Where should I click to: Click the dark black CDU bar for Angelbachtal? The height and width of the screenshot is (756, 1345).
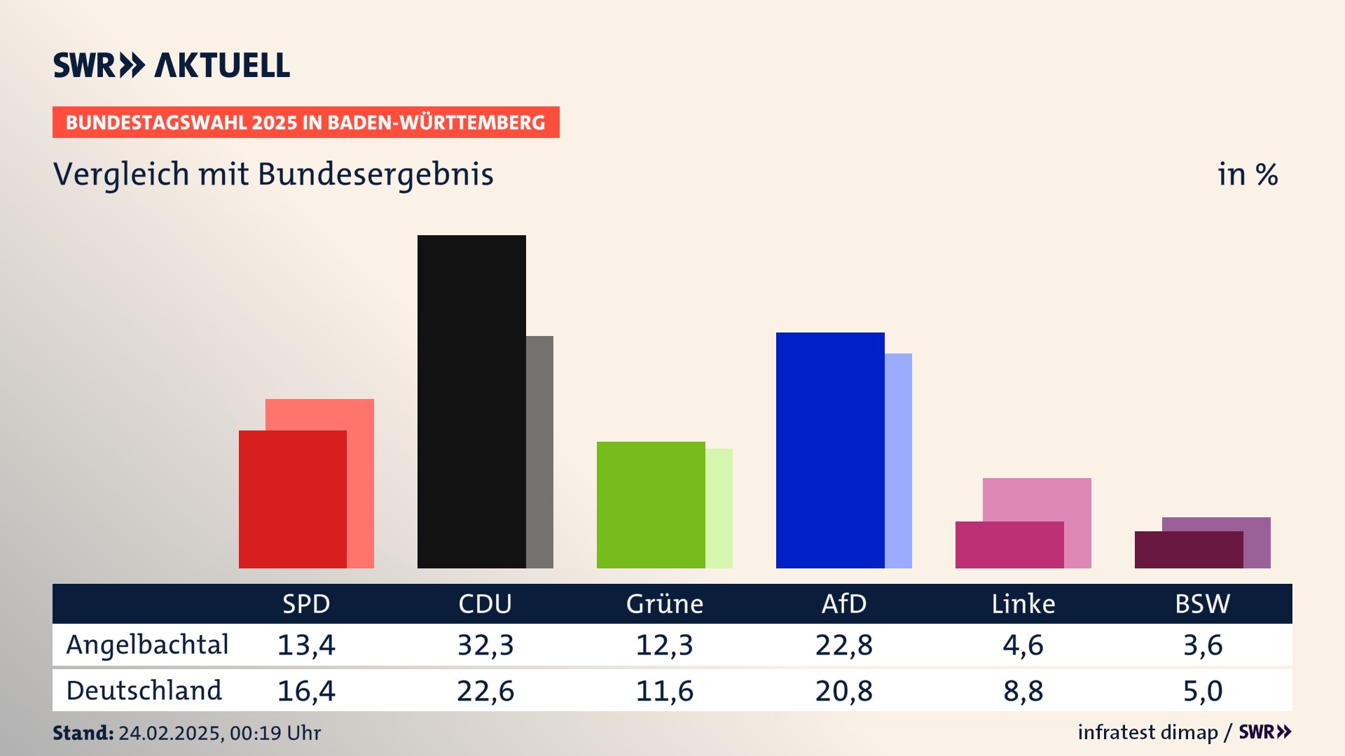[471, 401]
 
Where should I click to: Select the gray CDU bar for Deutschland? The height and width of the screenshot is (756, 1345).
[540, 451]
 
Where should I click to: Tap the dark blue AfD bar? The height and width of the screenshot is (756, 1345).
[830, 449]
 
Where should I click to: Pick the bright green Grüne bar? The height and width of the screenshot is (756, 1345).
[651, 504]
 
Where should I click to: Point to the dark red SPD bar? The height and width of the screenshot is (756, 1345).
[292, 499]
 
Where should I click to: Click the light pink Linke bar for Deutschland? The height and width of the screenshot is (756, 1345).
[1037, 499]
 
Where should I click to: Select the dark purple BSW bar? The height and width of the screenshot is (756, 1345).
[1189, 549]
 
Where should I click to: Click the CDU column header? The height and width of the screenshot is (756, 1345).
[485, 603]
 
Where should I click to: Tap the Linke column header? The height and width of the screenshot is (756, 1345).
[1023, 603]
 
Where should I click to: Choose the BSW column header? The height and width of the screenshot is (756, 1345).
[1202, 603]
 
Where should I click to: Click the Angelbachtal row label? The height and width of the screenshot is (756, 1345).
[147, 645]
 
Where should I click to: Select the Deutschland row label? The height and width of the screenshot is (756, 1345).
[144, 691]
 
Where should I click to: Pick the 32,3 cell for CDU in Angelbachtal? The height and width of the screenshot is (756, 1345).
[485, 645]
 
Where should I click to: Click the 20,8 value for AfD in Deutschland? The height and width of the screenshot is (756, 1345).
[843, 691]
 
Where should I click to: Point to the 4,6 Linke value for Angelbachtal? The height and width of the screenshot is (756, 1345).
[1023, 645]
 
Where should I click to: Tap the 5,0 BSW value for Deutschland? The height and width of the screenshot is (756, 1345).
[1202, 691]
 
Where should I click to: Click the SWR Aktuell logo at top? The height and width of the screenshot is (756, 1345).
[172, 65]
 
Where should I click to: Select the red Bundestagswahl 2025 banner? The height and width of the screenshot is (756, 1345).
[305, 122]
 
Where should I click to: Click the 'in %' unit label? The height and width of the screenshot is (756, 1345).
[1248, 174]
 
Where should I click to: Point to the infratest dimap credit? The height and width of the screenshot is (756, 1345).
[1147, 732]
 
